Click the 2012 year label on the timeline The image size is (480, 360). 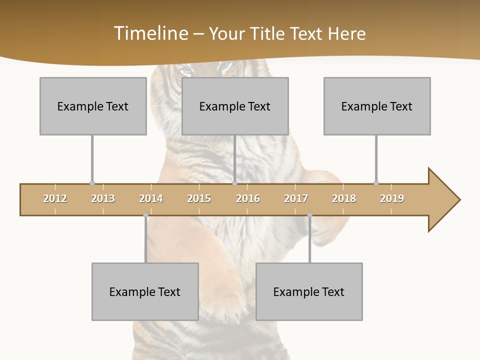55,198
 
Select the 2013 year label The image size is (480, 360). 103,198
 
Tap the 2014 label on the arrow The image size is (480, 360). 151,198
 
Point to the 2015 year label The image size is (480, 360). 199,198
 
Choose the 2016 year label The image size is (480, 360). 248,198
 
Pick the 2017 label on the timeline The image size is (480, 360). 296,198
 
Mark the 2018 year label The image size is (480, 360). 344,198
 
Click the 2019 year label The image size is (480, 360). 392,198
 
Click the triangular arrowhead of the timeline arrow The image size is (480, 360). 442,199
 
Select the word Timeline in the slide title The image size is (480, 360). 150,33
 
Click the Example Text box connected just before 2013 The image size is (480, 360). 93,106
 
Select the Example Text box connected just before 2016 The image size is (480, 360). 235,106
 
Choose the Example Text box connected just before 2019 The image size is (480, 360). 377,106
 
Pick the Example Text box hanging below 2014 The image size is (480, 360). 145,291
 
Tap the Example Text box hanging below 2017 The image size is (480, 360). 309,291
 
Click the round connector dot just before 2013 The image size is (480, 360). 92,183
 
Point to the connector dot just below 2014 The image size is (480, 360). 145,215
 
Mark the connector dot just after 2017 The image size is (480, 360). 309,215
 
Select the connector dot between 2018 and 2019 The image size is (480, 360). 376,183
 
